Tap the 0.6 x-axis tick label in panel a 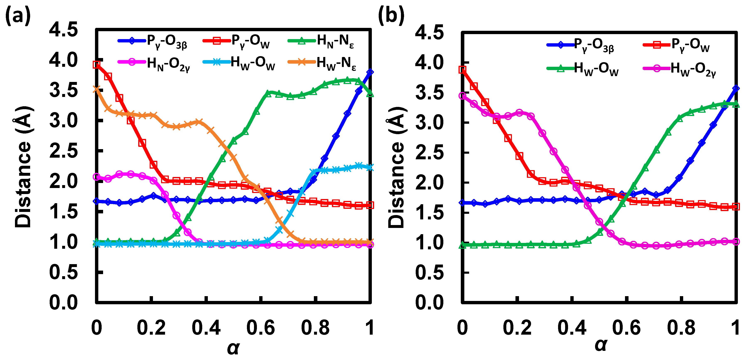pos(260,328)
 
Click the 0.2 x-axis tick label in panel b pos(517,328)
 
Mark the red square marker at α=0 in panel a pos(97,64)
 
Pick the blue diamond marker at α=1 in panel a pos(370,72)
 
